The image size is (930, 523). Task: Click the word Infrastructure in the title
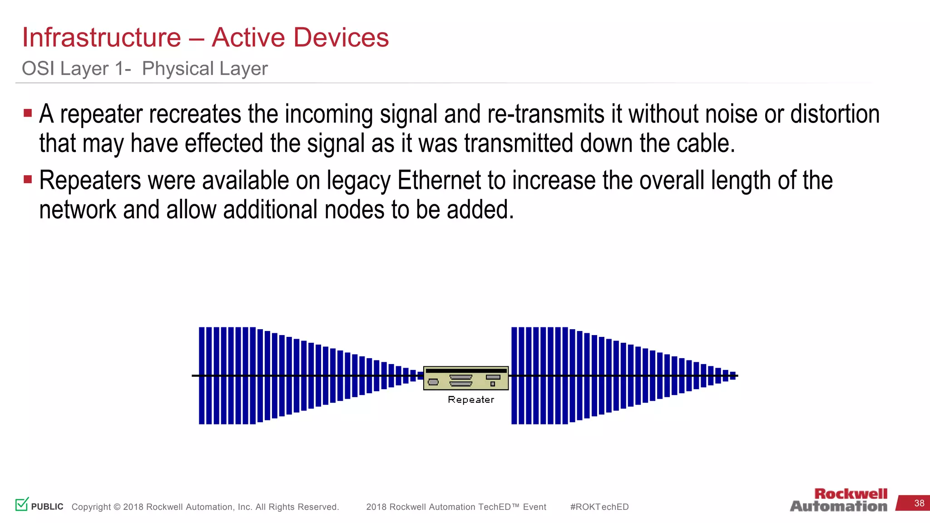click(x=102, y=37)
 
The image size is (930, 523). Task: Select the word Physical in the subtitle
click(x=178, y=69)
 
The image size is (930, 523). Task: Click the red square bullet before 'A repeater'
click(x=28, y=113)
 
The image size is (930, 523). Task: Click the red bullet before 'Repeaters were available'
click(x=28, y=179)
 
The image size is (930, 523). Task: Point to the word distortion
click(x=835, y=114)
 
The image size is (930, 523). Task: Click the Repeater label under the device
click(x=470, y=400)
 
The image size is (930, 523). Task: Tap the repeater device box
click(x=465, y=378)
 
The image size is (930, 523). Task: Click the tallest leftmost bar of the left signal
click(x=202, y=375)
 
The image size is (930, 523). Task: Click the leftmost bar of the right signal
click(x=514, y=375)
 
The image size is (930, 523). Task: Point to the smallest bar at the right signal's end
click(x=732, y=375)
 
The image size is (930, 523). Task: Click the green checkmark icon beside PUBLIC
click(x=22, y=504)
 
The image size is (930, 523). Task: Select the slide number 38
click(x=919, y=503)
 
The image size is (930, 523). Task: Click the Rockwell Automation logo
click(x=839, y=500)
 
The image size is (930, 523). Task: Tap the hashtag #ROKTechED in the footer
click(x=599, y=507)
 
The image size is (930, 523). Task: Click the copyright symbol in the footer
click(x=117, y=507)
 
